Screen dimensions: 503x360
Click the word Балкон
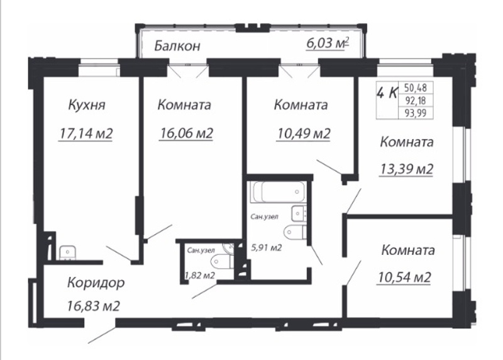(177, 46)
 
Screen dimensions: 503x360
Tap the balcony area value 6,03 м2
(328, 43)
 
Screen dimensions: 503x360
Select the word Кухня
(87, 105)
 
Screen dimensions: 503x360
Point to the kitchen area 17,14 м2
(86, 133)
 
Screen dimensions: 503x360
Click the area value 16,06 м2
(185, 133)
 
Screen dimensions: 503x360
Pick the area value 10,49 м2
(303, 133)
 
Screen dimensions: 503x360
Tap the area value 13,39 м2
(406, 169)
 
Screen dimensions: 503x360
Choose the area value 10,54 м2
(404, 277)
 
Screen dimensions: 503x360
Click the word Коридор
(96, 283)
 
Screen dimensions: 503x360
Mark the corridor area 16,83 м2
(94, 306)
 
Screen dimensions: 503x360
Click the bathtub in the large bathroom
(278, 192)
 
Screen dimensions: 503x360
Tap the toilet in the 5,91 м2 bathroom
(295, 232)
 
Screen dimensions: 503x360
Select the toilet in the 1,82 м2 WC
(222, 261)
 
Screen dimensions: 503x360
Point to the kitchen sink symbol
(67, 253)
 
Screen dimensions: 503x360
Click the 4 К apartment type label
(387, 93)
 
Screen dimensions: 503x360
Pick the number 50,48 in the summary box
(415, 87)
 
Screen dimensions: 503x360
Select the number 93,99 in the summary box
(415, 113)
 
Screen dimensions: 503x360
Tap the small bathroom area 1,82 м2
(199, 276)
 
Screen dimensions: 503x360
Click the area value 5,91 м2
(266, 247)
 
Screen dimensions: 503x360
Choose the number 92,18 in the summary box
(415, 101)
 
